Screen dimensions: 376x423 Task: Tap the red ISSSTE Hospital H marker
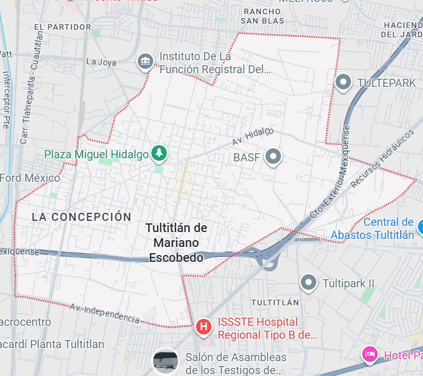[203, 326]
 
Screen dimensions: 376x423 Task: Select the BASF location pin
[273, 156]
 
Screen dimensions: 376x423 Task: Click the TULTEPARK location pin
[343, 81]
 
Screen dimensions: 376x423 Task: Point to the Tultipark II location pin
[308, 283]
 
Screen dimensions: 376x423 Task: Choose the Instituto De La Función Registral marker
[145, 61]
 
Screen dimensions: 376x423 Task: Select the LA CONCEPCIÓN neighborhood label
[81, 217]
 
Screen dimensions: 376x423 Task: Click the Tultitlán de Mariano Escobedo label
[176, 242]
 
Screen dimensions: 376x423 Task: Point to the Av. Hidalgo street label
[253, 137]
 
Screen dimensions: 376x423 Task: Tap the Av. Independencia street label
[104, 313]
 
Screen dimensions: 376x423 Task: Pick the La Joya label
[100, 61]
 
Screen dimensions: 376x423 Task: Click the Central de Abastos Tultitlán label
[372, 228]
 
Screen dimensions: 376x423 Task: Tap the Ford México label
[30, 178]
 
